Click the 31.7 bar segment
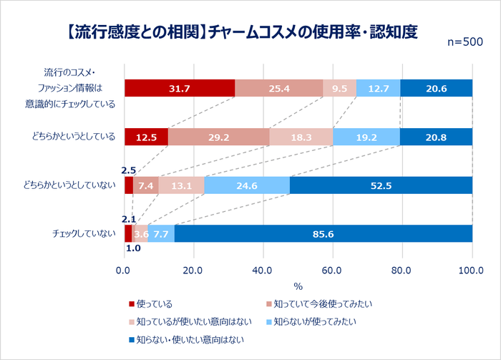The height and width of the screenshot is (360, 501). tap(179, 88)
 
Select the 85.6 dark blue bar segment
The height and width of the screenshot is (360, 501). tap(324, 233)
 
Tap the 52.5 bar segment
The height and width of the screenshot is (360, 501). tap(381, 185)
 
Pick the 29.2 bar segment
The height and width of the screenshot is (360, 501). tap(218, 137)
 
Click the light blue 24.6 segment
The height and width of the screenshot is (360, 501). tap(247, 185)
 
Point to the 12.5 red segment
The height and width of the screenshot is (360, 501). tap(146, 137)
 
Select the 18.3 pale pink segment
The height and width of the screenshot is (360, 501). tap(301, 137)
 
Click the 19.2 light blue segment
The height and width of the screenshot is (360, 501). tap(366, 137)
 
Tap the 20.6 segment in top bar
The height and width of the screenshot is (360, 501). tap(436, 88)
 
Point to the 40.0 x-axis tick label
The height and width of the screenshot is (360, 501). tap(263, 271)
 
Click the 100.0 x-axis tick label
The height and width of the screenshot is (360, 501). tap(472, 271)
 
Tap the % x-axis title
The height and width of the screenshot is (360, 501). tap(298, 286)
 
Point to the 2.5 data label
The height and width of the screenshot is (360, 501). tap(129, 170)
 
